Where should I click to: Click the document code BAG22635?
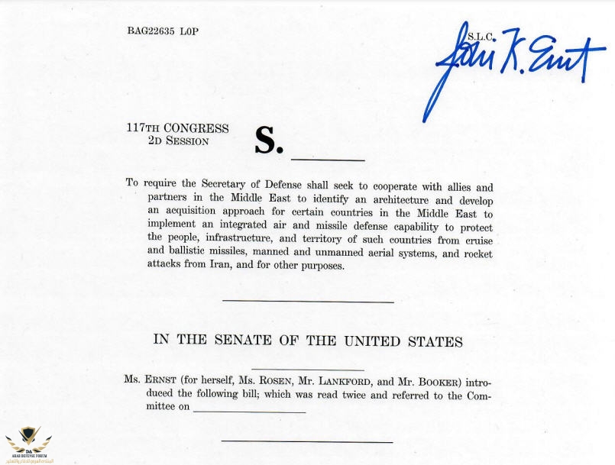tap(153, 32)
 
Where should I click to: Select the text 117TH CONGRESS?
tap(177, 129)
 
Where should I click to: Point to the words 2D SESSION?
tap(178, 141)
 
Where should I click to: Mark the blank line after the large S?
tap(328, 159)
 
